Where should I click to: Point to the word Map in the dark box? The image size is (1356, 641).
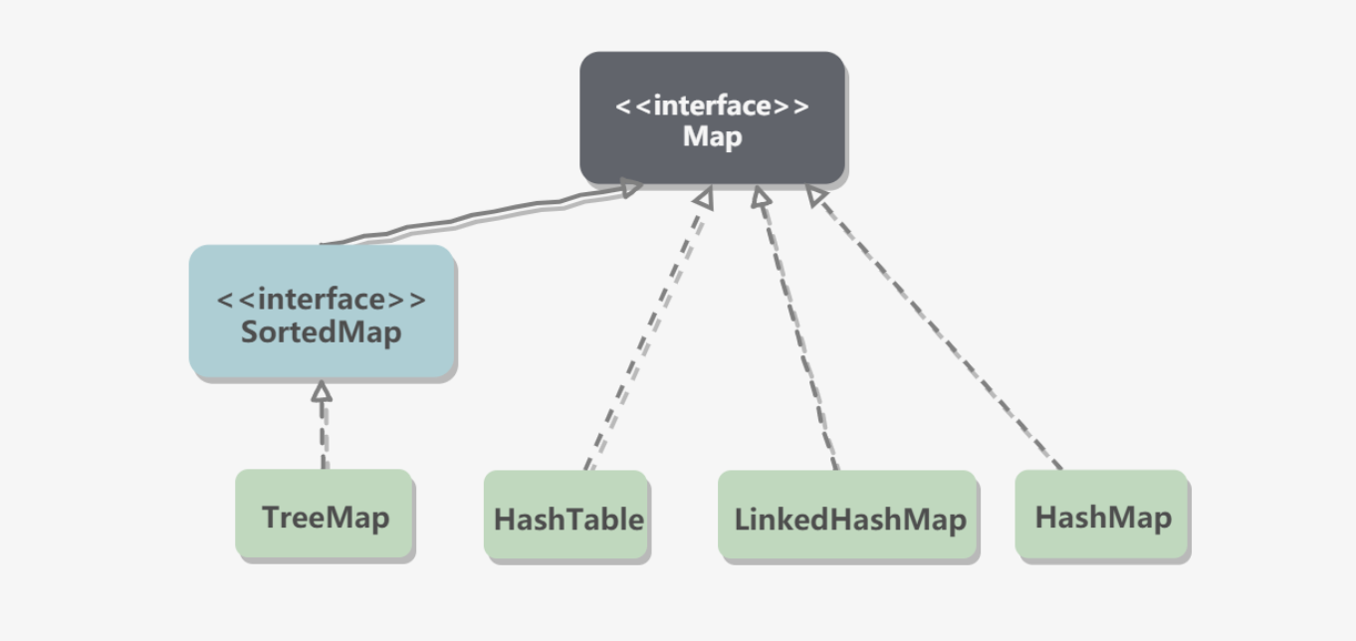tap(712, 136)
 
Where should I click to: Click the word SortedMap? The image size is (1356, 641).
tap(322, 331)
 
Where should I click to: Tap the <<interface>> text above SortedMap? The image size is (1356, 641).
tap(322, 300)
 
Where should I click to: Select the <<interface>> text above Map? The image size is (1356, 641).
tap(712, 106)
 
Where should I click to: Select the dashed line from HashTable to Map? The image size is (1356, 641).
tap(647, 328)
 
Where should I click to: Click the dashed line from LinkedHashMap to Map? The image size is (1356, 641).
tap(796, 328)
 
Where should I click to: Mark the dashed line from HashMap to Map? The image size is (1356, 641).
tap(936, 328)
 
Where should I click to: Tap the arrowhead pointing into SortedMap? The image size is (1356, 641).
tap(321, 391)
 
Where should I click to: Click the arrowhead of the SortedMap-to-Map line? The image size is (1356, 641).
tap(629, 187)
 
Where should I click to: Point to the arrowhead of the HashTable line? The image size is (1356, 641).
tap(704, 199)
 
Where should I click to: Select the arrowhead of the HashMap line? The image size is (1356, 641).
tap(816, 197)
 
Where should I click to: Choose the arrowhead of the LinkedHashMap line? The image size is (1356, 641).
tap(762, 198)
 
